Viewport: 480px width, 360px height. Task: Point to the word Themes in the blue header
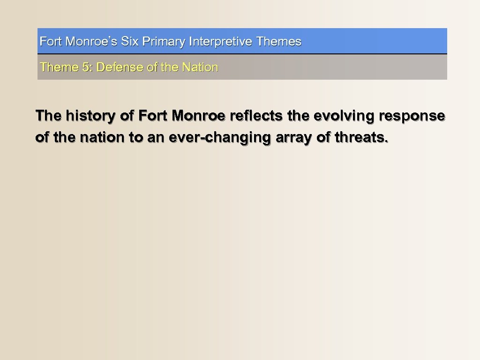(279, 42)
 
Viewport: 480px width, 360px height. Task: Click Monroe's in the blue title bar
(92, 42)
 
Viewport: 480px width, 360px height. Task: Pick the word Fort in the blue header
(51, 42)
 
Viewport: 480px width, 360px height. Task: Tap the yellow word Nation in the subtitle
(200, 67)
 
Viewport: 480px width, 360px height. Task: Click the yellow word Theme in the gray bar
(59, 67)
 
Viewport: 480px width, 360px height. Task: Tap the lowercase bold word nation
(94, 138)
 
